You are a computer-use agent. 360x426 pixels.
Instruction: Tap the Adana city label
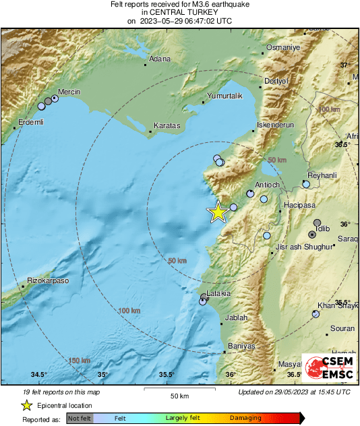pyautogui.click(x=160, y=59)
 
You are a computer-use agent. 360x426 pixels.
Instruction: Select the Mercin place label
pyautogui.click(x=69, y=91)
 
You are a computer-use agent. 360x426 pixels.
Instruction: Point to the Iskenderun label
pyautogui.click(x=276, y=125)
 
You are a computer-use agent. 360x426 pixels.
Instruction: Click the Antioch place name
pyautogui.click(x=267, y=185)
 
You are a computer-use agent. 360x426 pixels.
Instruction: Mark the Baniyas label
pyautogui.click(x=241, y=346)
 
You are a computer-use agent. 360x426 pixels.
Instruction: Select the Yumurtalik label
pyautogui.click(x=224, y=96)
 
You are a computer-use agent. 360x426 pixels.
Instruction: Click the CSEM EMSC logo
pyautogui.click(x=328, y=369)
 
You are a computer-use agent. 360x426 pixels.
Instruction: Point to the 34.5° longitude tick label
pyautogui.click(x=38, y=375)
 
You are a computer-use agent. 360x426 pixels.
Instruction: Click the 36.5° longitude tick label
pyautogui.click(x=295, y=375)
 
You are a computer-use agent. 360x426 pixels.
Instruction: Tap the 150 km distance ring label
pyautogui.click(x=80, y=361)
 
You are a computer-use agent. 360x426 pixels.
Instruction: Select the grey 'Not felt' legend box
pyautogui.click(x=80, y=419)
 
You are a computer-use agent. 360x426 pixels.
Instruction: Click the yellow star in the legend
pyautogui.click(x=26, y=405)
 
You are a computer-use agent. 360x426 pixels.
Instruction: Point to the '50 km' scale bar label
pyautogui.click(x=178, y=395)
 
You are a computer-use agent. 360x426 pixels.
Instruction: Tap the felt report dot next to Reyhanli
pyautogui.click(x=306, y=183)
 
